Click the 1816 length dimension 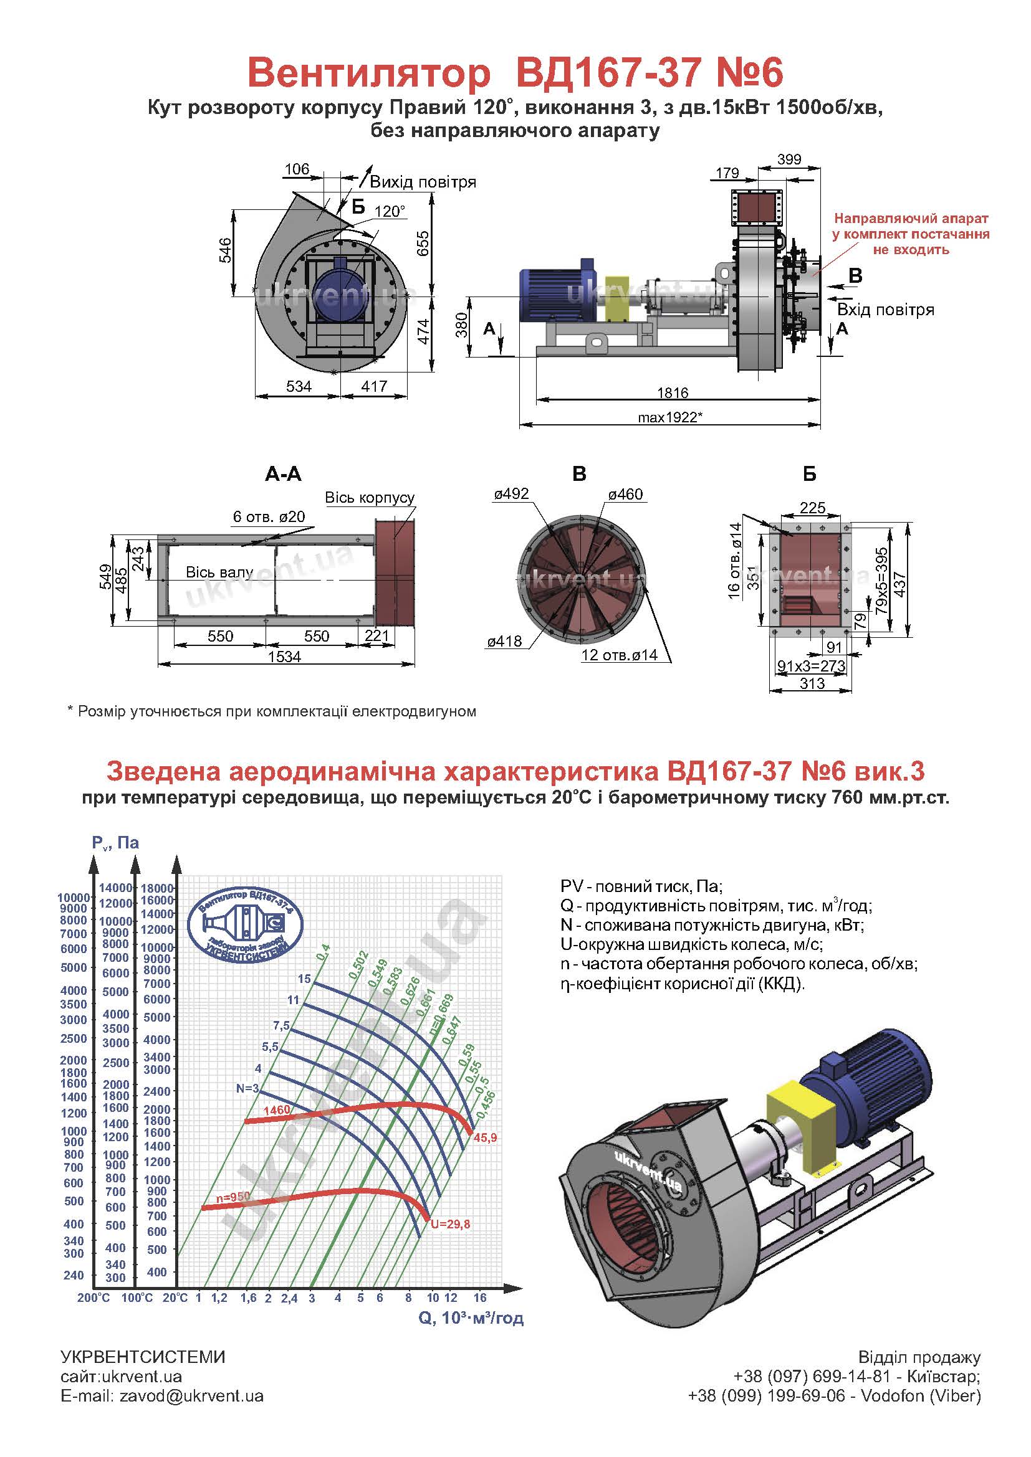tap(673, 393)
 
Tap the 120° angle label tap(389, 211)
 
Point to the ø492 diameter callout tap(511, 494)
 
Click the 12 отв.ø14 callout tap(619, 655)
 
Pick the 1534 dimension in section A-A tap(284, 657)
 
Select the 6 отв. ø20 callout tap(269, 516)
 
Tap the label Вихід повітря tap(423, 182)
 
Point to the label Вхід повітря tap(886, 310)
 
